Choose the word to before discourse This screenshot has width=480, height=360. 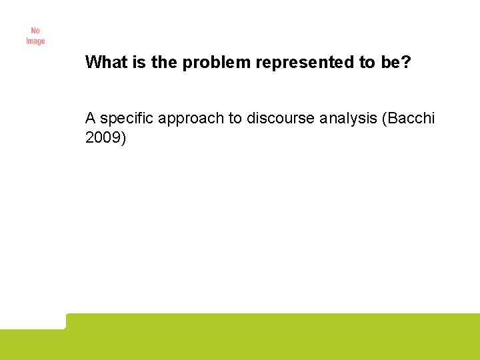click(235, 119)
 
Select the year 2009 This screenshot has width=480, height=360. click(101, 138)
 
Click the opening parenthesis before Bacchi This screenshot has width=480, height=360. click(381, 119)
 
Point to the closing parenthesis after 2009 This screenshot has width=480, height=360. click(122, 139)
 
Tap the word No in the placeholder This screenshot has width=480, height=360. click(35, 31)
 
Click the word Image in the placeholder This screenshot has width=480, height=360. click(35, 41)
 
